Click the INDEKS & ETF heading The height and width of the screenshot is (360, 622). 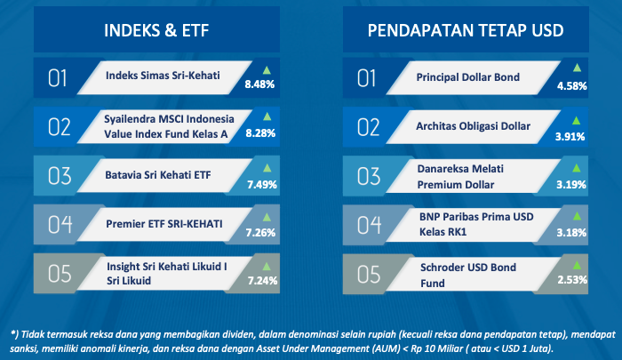156,30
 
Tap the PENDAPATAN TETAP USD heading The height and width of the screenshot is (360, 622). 466,30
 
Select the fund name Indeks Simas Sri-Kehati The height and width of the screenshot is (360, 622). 163,76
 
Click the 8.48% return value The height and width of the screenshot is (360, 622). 259,84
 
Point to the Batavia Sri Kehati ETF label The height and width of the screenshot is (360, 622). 158,175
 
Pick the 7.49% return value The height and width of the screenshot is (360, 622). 262,185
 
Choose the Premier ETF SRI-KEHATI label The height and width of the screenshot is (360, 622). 163,224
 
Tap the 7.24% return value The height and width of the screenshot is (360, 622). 262,281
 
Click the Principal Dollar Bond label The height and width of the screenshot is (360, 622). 467,77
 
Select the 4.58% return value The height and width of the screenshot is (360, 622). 571,86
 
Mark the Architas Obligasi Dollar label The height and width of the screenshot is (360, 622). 473,126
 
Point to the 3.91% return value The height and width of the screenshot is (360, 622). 570,137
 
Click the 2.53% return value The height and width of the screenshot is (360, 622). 572,280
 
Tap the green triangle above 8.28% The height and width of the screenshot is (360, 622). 267,116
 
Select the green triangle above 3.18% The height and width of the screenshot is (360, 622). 577,216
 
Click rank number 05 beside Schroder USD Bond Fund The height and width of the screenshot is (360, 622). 369,275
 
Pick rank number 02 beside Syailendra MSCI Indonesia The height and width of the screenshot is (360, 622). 60,127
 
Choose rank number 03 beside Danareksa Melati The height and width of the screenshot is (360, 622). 369,176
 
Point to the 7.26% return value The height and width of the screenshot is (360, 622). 260,233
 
